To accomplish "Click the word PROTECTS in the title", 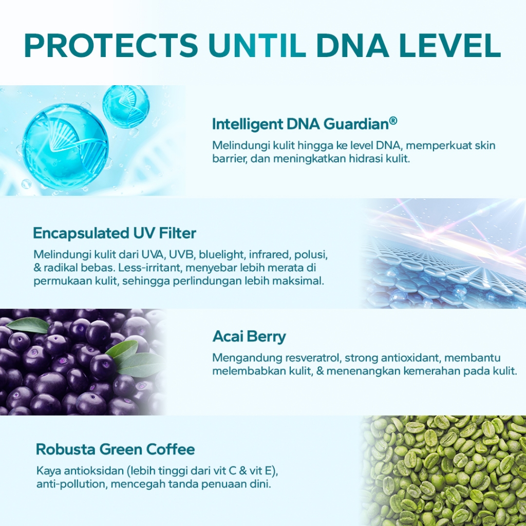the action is pos(111,45).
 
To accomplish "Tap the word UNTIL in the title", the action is pos(257,45).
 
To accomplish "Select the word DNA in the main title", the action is pos(352,45).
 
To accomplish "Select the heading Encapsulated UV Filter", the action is pos(115,233).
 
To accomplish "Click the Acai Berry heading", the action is pos(249,336).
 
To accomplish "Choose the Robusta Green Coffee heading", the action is pos(116,449).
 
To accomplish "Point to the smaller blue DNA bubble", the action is pos(126,107).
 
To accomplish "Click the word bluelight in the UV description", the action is pos(222,255).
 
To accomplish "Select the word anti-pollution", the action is pos(72,484).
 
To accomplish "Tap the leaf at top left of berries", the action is pos(28,325).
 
